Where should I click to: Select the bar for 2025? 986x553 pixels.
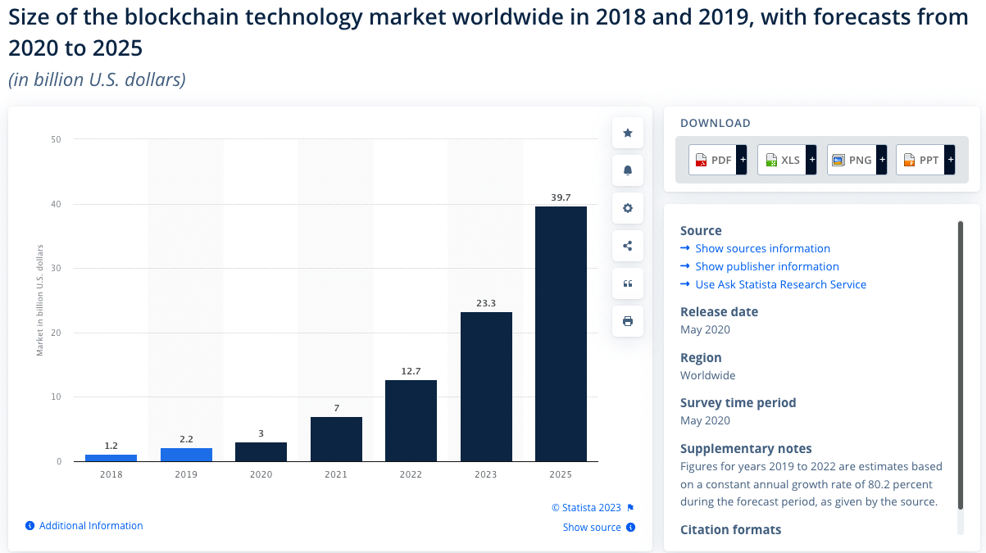click(x=561, y=333)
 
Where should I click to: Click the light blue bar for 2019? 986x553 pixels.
click(x=186, y=455)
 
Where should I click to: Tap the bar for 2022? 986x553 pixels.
click(x=411, y=420)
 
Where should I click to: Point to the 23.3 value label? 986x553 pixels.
click(x=486, y=303)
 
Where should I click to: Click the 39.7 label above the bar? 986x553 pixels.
click(x=561, y=197)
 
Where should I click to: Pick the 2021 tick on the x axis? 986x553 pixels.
click(x=336, y=474)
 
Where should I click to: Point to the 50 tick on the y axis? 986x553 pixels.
click(x=56, y=139)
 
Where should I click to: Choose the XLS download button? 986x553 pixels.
click(x=787, y=160)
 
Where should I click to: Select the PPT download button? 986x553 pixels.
click(x=925, y=160)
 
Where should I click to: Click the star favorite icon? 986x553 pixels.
click(x=628, y=133)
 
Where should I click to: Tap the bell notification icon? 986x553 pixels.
click(x=628, y=170)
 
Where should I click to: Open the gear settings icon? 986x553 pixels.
click(x=628, y=208)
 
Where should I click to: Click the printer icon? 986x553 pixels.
click(x=628, y=321)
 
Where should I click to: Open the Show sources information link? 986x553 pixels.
click(x=762, y=248)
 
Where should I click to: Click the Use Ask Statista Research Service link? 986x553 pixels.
click(x=780, y=284)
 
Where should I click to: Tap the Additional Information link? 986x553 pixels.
click(x=90, y=526)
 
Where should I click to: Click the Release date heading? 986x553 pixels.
click(x=719, y=311)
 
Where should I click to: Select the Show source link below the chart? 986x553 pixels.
click(x=592, y=527)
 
